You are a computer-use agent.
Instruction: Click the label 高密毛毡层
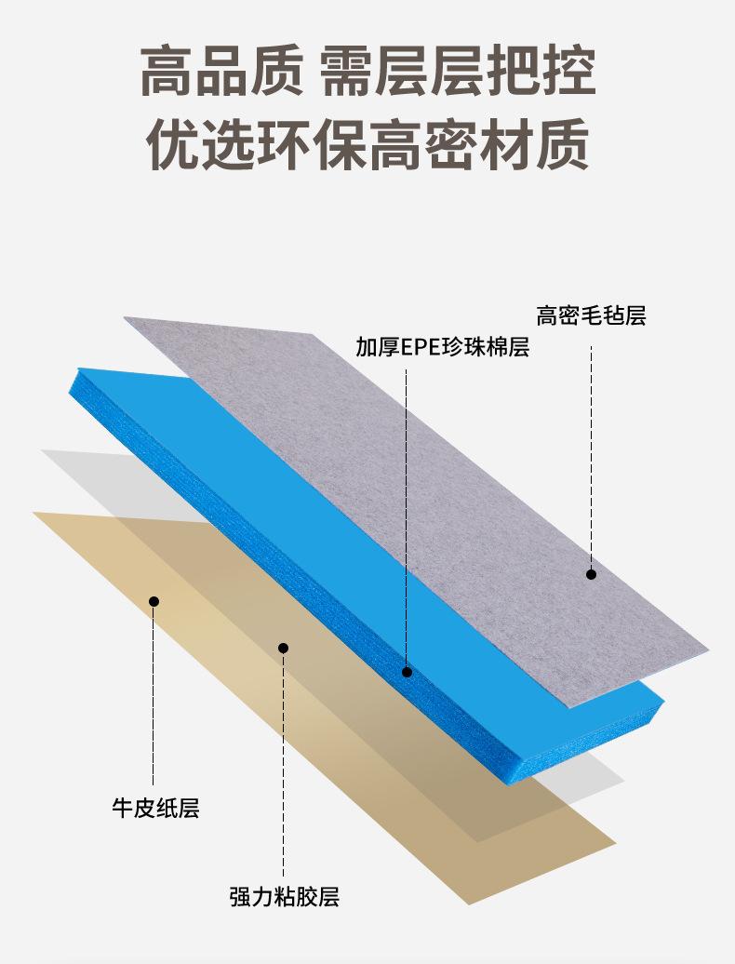pyautogui.click(x=591, y=316)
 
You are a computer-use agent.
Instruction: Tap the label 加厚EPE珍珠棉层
pyautogui.click(x=442, y=348)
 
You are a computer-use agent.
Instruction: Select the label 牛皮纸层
pyautogui.click(x=155, y=808)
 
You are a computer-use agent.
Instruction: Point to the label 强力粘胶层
pyautogui.click(x=284, y=897)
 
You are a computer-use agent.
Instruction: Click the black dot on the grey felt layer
pyautogui.click(x=591, y=574)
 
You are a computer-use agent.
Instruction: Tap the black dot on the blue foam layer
pyautogui.click(x=407, y=671)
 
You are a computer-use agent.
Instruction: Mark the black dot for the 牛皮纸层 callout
pyautogui.click(x=154, y=601)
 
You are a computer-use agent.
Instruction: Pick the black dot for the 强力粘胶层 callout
pyautogui.click(x=284, y=648)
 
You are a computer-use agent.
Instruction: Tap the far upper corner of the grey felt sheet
pyautogui.click(x=127, y=318)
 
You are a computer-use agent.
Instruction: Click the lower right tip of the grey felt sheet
pyautogui.click(x=707, y=649)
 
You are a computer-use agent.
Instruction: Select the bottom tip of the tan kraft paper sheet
pyautogui.click(x=469, y=904)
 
